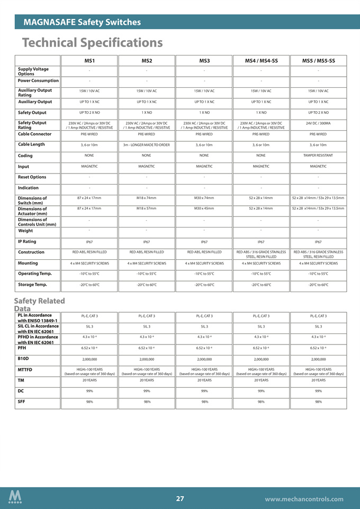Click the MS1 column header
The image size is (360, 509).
(x=89, y=61)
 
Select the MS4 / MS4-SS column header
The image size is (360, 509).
(x=261, y=61)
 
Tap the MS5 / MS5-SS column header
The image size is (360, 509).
(x=318, y=61)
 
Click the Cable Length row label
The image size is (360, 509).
(x=31, y=144)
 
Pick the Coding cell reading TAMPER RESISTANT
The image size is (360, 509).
(x=318, y=156)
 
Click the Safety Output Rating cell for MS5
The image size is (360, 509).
(x=318, y=123)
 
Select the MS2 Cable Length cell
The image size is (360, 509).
(x=147, y=145)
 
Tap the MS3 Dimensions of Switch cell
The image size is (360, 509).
(x=204, y=198)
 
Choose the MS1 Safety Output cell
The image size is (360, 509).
(x=89, y=113)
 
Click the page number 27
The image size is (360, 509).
(x=180, y=498)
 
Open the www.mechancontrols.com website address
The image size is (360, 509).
(x=304, y=499)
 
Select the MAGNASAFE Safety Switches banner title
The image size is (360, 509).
(x=82, y=22)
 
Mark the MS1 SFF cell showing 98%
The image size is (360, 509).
(x=89, y=402)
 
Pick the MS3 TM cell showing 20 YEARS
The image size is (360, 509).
(x=204, y=380)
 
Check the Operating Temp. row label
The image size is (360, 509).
(x=36, y=274)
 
